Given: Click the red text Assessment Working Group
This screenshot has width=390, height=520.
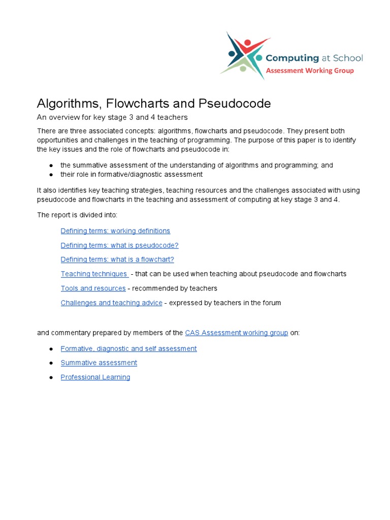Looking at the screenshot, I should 310,71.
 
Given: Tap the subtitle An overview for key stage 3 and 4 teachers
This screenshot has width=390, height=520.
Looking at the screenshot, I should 112,117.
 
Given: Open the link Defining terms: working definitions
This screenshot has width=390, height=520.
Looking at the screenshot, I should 115,231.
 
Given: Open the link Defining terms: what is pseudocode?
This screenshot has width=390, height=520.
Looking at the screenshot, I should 119,245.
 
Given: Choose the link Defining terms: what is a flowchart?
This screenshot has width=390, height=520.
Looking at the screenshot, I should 117,259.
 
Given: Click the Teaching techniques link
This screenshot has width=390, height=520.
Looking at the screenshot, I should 94,274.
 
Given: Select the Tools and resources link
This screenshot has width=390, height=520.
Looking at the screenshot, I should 93,288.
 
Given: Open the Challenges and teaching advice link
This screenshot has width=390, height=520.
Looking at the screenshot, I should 111,303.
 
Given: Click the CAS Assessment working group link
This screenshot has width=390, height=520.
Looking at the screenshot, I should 237,333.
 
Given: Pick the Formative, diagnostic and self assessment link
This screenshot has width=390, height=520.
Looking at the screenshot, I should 128,348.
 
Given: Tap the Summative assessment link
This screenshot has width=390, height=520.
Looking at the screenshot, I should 99,363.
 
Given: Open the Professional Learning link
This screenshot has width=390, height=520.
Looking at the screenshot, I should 95,377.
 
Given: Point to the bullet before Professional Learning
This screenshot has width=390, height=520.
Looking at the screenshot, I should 51,377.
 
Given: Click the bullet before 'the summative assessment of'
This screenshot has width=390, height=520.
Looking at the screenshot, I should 51,166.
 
